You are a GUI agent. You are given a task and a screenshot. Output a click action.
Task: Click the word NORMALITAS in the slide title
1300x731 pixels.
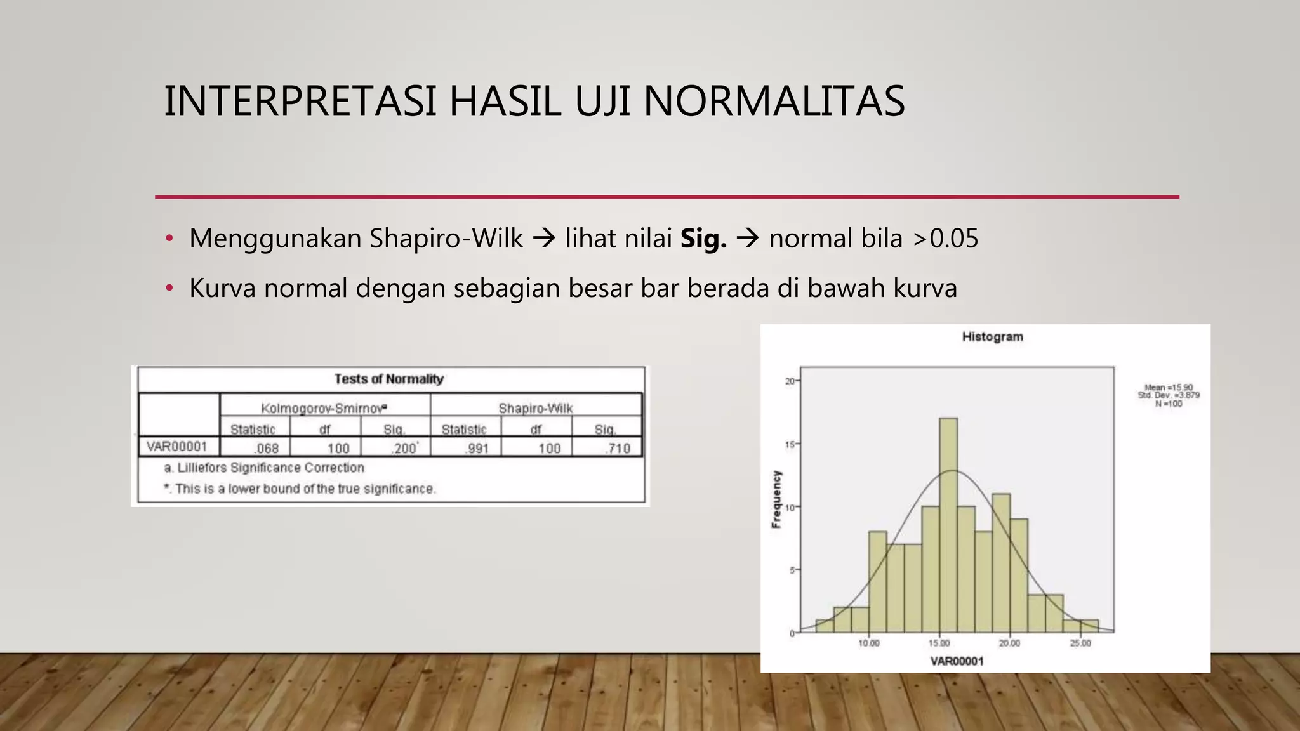[774, 102]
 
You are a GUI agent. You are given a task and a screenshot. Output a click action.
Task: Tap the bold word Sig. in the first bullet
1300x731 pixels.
[703, 239]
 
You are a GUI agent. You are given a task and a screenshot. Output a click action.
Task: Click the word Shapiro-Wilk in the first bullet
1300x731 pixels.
[446, 239]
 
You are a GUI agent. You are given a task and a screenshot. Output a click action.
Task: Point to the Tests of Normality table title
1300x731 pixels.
[389, 379]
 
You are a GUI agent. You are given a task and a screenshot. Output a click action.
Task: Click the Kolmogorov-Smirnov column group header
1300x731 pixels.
[324, 408]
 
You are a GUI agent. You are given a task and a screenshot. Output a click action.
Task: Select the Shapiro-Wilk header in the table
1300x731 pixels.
[535, 408]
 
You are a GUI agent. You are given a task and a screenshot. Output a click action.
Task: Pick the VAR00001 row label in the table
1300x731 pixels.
[176, 446]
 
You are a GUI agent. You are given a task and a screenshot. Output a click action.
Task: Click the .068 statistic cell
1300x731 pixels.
[267, 448]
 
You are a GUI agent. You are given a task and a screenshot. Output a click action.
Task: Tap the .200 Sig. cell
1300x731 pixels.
[404, 448]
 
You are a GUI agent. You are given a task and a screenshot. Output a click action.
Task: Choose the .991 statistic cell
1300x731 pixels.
[477, 448]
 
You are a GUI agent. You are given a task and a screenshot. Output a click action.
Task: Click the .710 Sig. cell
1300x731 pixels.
[618, 448]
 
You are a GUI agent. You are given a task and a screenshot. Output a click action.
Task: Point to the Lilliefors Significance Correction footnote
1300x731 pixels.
[264, 468]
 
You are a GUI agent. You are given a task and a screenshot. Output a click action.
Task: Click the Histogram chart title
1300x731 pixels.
[992, 336]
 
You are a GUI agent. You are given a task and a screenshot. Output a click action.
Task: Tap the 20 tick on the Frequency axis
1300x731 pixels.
[790, 381]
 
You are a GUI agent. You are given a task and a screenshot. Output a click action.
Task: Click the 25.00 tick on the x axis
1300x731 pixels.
[1080, 643]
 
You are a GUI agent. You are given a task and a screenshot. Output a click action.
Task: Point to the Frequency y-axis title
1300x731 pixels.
[776, 499]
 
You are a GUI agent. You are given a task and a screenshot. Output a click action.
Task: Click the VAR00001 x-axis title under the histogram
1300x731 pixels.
[957, 661]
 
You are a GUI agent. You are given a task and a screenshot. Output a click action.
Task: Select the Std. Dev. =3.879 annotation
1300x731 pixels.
[1168, 395]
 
